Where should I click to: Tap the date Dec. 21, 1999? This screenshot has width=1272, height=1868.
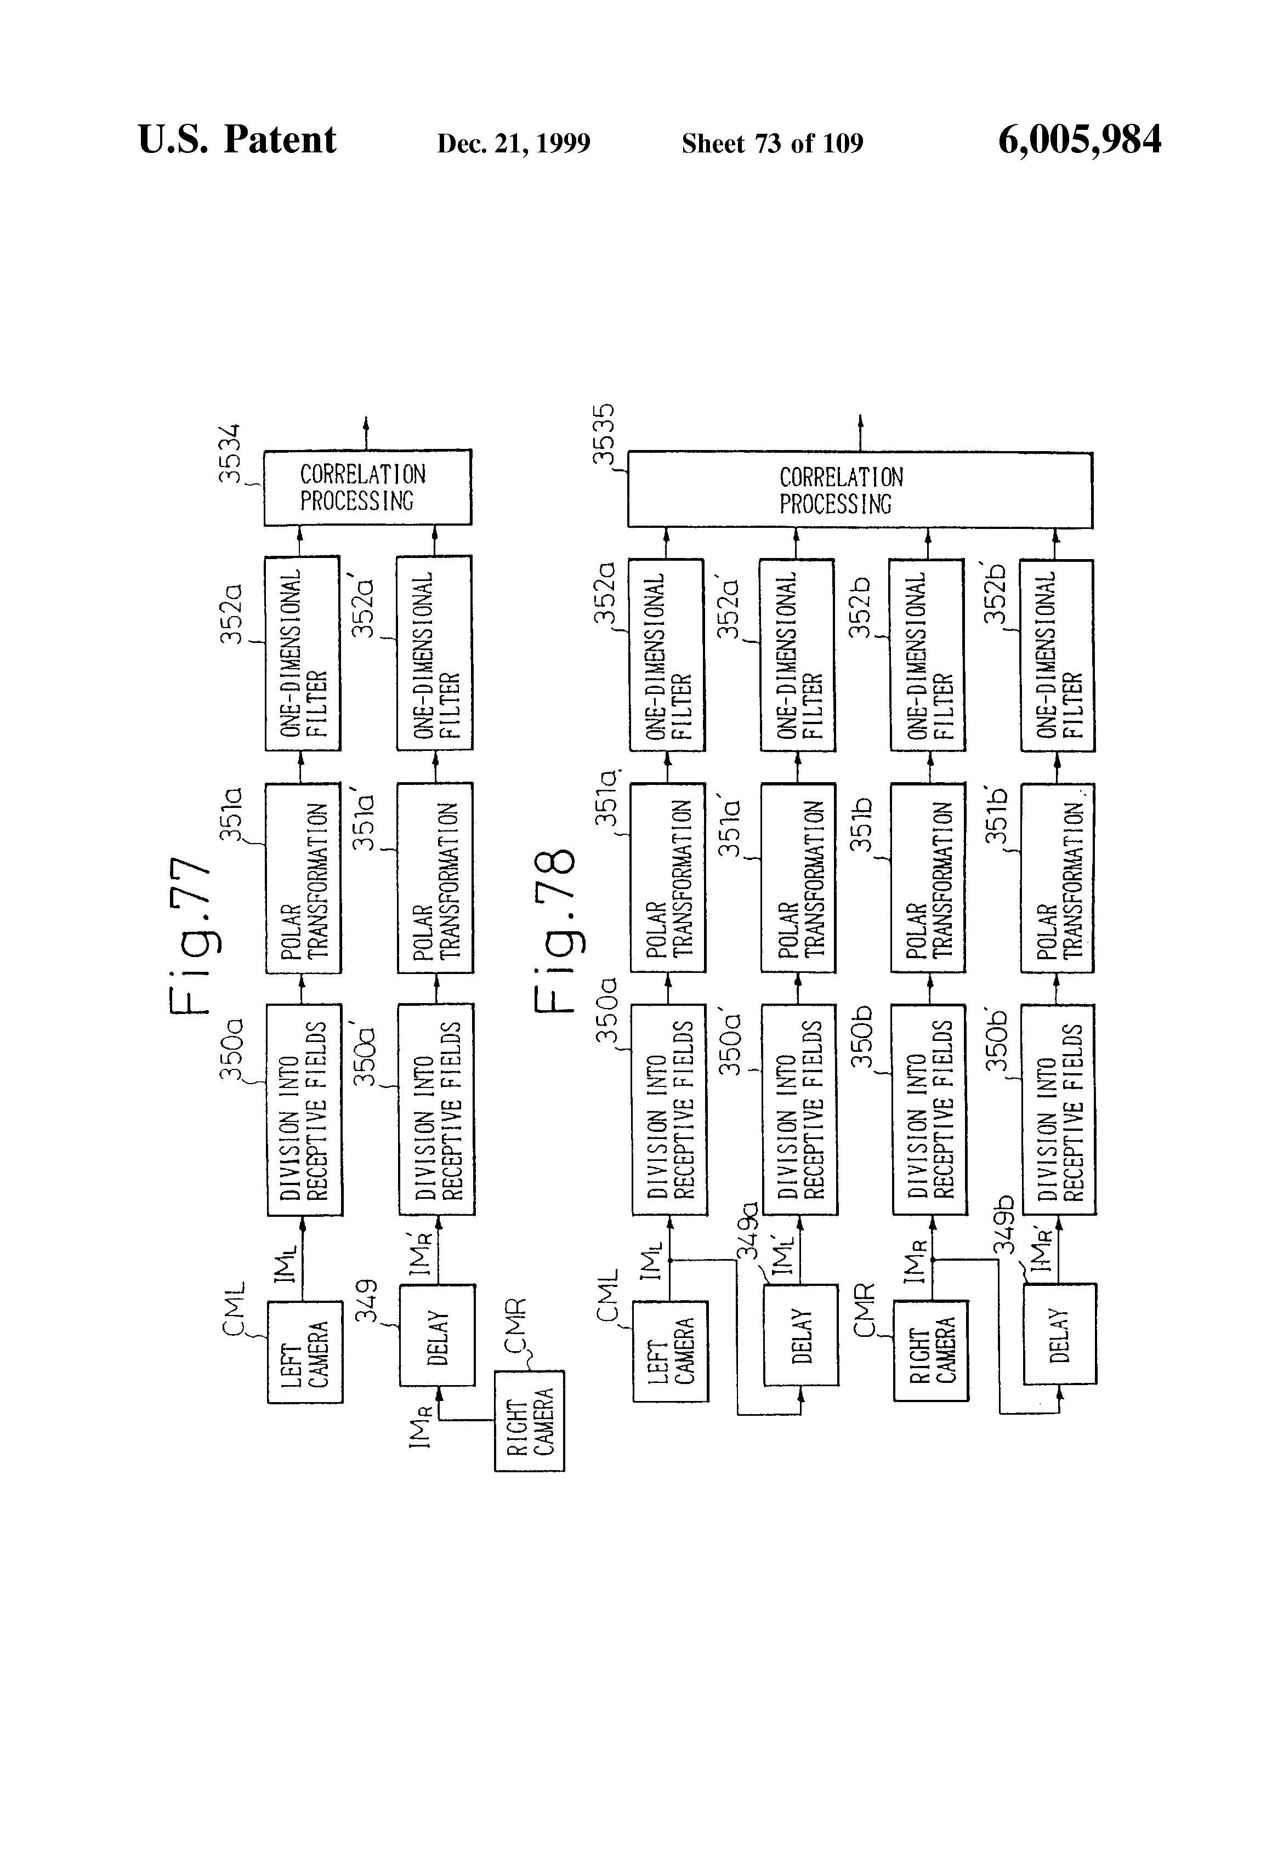click(x=514, y=144)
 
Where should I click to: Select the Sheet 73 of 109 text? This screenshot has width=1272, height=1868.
click(x=772, y=143)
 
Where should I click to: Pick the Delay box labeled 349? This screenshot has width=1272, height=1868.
click(x=438, y=1335)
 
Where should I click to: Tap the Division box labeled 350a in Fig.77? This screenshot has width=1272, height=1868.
click(x=304, y=1110)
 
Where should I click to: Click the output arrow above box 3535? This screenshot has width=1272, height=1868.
click(x=860, y=433)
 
